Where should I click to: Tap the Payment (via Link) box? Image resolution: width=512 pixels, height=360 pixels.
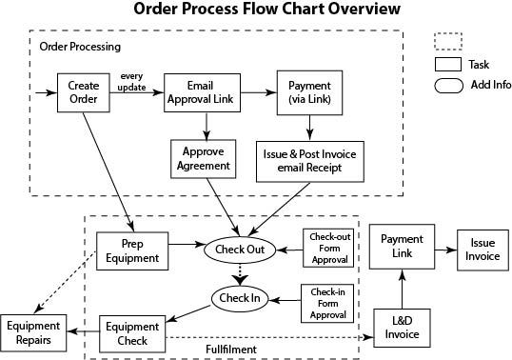(x=308, y=93)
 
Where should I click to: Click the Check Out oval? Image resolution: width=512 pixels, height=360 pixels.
(x=239, y=250)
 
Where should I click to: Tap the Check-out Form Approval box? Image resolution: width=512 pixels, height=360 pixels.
(x=325, y=248)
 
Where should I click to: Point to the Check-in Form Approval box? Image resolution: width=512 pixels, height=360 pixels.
(x=325, y=302)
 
